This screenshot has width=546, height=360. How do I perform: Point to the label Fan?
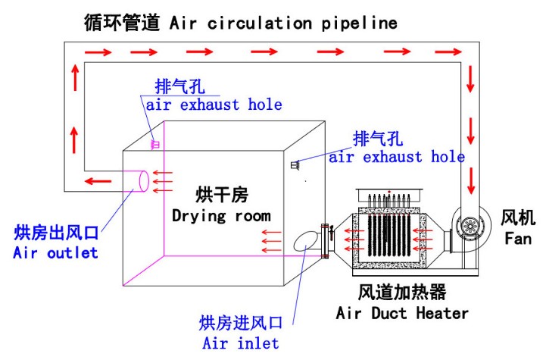click(519, 239)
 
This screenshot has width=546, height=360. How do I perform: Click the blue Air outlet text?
click(55, 253)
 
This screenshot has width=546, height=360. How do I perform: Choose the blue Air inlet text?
click(240, 343)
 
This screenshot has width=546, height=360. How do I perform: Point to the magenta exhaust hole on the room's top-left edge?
click(155, 143)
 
